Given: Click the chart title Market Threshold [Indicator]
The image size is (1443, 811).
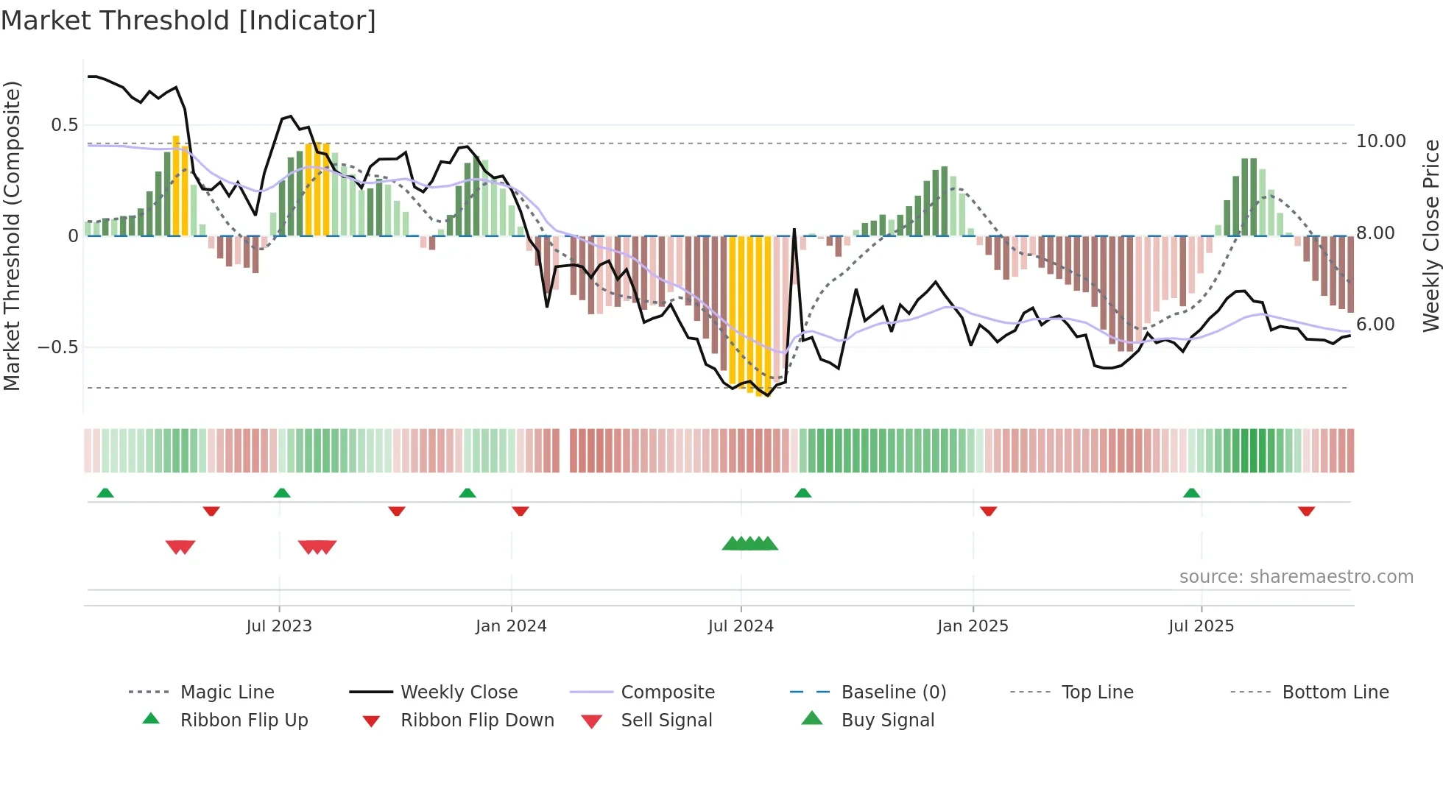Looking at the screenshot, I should pyautogui.click(x=188, y=21).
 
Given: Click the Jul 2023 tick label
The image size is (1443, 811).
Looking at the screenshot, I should pyautogui.click(x=279, y=626).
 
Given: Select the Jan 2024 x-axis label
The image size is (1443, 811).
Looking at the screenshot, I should pyautogui.click(x=511, y=626).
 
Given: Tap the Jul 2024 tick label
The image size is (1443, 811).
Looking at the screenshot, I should pyautogui.click(x=741, y=626).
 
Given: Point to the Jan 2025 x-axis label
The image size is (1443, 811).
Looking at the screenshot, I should pyautogui.click(x=973, y=626).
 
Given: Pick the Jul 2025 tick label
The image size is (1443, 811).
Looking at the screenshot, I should pyautogui.click(x=1201, y=626).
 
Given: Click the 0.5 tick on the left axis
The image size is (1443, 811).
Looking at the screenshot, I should pyautogui.click(x=64, y=125).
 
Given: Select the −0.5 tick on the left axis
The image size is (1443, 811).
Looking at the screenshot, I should pyautogui.click(x=58, y=347).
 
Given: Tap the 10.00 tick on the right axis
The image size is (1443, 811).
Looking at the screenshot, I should pyautogui.click(x=1380, y=141).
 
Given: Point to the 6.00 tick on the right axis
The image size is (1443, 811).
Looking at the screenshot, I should pyautogui.click(x=1375, y=325).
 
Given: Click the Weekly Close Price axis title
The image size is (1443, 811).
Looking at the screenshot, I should pyautogui.click(x=1430, y=235).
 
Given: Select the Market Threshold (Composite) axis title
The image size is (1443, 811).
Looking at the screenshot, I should pyautogui.click(x=12, y=235).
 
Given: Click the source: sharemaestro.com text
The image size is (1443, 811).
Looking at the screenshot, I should pyautogui.click(x=1296, y=577).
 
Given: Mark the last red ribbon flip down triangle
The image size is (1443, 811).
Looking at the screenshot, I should pyautogui.click(x=1307, y=511).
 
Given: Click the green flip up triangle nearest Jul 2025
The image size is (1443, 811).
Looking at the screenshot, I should pyautogui.click(x=1192, y=493).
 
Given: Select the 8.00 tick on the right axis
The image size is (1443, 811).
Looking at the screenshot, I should pyautogui.click(x=1375, y=233).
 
